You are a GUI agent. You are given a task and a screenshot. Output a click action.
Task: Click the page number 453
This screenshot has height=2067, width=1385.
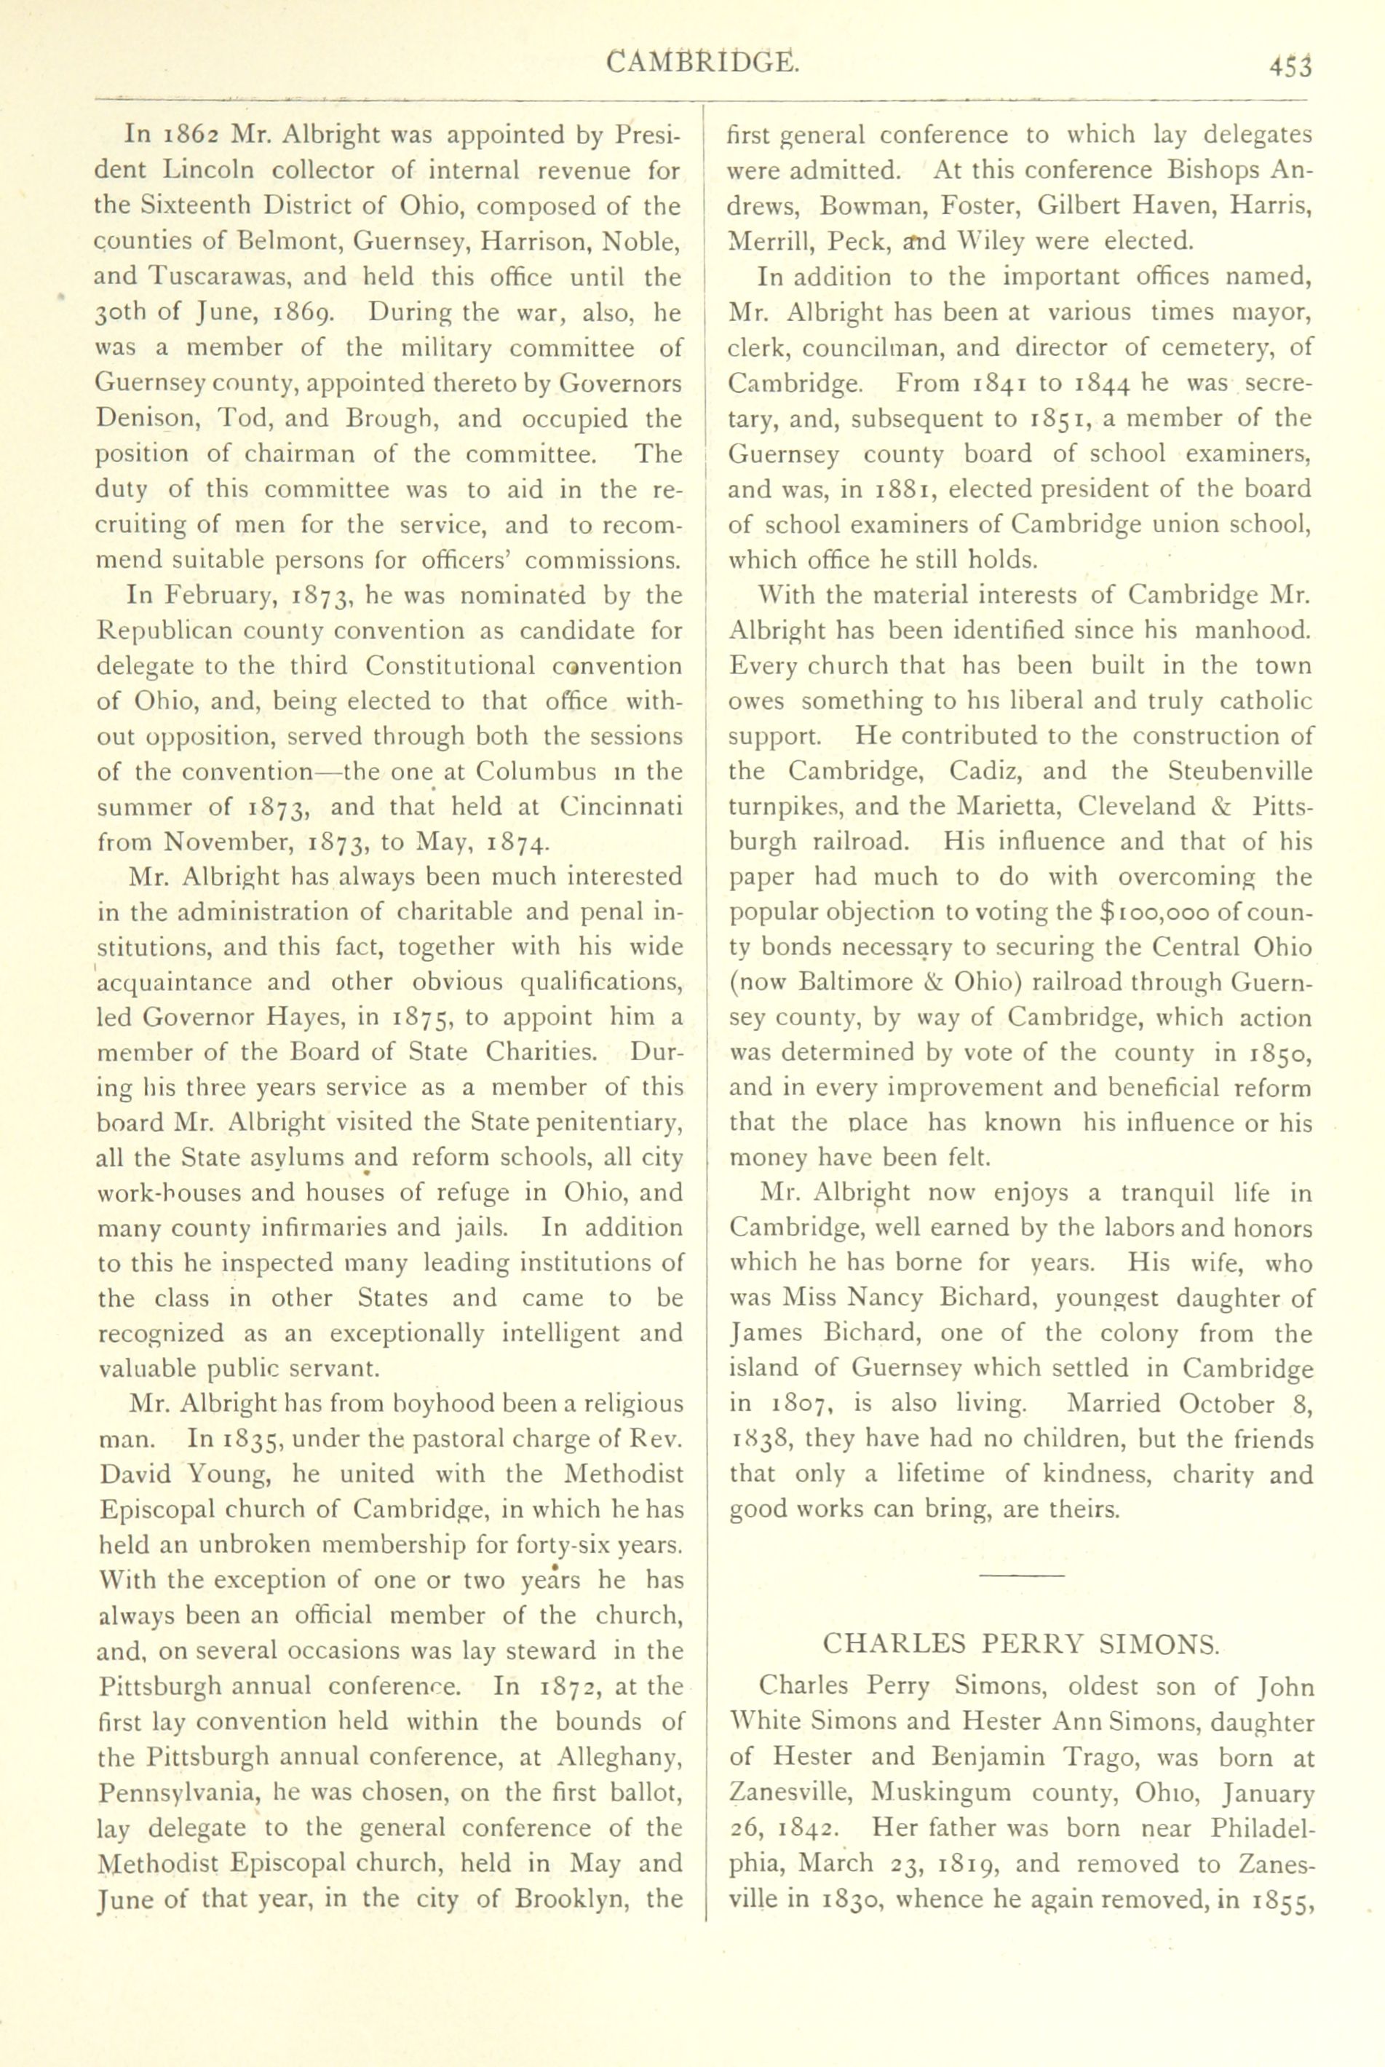tap(1290, 66)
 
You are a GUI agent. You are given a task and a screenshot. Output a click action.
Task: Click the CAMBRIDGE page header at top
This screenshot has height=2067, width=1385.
tap(703, 63)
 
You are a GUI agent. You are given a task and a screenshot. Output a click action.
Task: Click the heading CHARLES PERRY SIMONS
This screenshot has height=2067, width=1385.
tap(1020, 1644)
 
